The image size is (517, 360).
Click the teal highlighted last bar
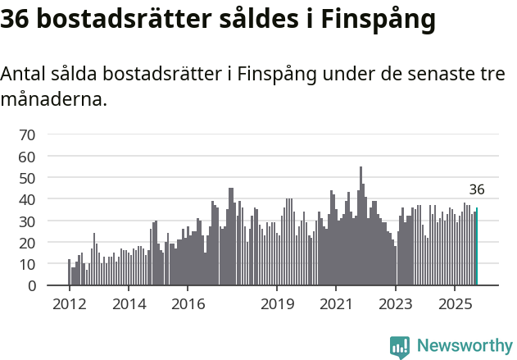(477, 247)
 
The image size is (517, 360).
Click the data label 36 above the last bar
(477, 189)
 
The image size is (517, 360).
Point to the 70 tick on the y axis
(27, 134)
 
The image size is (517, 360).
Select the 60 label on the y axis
(27, 156)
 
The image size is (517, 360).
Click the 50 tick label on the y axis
(27, 178)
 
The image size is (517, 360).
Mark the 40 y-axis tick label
(27, 199)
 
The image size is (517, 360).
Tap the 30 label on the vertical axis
(27, 221)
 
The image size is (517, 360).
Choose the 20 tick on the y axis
(27, 243)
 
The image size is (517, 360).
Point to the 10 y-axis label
(27, 264)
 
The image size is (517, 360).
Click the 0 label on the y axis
(31, 286)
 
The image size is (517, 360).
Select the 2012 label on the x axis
(69, 304)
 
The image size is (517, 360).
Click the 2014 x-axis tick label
(129, 304)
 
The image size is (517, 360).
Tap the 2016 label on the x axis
(188, 304)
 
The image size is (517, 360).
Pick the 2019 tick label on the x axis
(277, 304)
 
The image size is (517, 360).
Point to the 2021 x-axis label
(336, 304)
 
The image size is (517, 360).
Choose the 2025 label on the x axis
(455, 304)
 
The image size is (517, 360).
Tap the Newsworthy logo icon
(400, 347)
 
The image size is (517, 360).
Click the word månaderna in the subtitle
(53, 101)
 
